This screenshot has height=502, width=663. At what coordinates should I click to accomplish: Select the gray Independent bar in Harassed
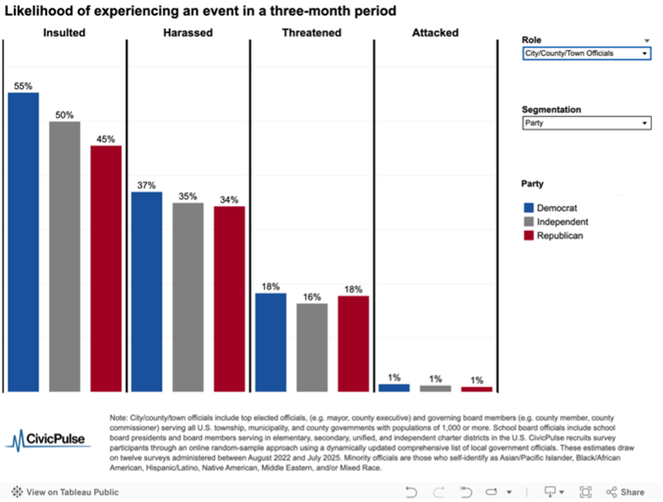(188, 297)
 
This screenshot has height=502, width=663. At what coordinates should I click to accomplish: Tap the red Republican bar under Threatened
(353, 344)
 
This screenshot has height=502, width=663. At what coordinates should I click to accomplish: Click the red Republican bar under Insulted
(106, 269)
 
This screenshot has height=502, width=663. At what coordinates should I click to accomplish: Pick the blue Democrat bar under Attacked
(394, 388)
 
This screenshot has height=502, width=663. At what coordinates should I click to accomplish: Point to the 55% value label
(23, 86)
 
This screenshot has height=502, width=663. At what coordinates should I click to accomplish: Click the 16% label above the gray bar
(312, 296)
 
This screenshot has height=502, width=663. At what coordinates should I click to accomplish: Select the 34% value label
(229, 200)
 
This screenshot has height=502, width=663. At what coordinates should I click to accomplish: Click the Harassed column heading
(188, 32)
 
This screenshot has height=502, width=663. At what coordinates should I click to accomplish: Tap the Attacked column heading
(435, 32)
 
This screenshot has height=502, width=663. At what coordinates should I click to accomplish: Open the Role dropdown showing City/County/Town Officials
(586, 53)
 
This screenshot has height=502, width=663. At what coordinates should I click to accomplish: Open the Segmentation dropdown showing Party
(586, 123)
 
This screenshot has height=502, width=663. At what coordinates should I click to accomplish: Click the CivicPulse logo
(47, 439)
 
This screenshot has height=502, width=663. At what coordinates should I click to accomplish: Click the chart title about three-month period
(200, 12)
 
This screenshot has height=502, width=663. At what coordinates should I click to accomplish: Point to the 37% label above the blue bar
(147, 185)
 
